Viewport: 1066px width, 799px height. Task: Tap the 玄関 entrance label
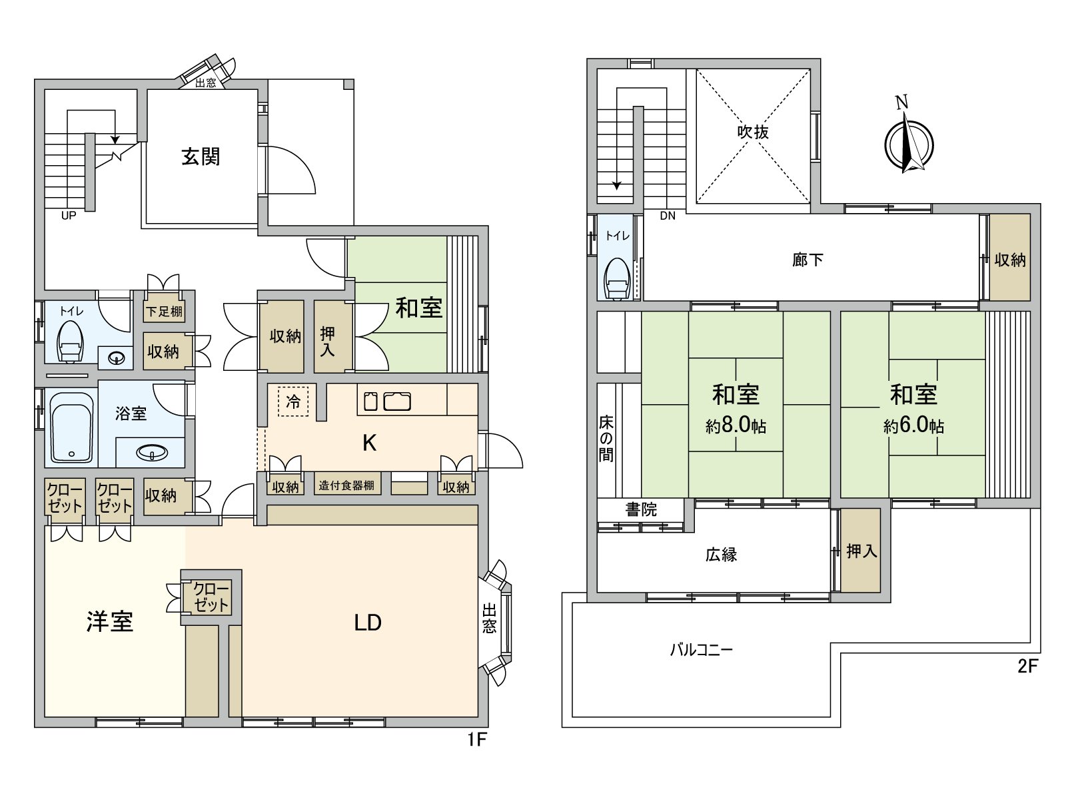[201, 157]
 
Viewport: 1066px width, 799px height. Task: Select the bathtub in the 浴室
[71, 427]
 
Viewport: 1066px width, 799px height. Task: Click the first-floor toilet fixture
[70, 341]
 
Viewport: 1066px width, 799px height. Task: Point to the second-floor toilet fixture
[617, 279]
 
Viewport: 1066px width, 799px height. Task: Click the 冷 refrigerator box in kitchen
[293, 401]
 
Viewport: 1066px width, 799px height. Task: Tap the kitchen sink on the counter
[396, 401]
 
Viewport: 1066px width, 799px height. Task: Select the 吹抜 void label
[753, 132]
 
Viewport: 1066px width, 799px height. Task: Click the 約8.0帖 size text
[736, 425]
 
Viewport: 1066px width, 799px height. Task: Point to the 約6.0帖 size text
[913, 425]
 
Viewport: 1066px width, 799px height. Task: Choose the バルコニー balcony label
[701, 649]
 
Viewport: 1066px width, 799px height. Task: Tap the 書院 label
[641, 509]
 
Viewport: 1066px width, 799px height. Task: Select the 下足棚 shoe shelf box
[164, 311]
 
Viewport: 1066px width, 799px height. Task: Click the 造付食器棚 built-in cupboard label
[346, 485]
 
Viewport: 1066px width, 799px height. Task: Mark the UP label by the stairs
[68, 216]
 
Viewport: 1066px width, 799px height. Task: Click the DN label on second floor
[668, 216]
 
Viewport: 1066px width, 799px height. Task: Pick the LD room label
[367, 623]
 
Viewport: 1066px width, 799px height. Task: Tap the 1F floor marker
[476, 739]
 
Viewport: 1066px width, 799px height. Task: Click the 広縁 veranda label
[721, 555]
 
